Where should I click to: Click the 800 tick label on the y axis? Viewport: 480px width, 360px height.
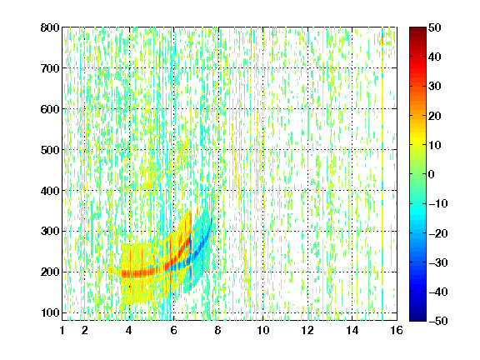[50, 27]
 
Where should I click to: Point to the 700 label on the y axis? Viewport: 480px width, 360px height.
[50, 68]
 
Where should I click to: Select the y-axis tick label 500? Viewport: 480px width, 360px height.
[50, 150]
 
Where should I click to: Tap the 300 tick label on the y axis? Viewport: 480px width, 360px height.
[50, 232]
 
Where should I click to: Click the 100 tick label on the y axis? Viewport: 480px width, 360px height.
[50, 312]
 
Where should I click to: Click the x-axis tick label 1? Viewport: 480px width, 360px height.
[62, 330]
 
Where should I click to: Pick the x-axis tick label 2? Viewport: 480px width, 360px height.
[85, 330]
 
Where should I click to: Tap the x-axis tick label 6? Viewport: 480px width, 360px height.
[174, 330]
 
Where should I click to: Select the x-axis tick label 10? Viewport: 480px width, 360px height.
[263, 330]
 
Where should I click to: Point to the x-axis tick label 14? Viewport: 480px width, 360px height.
[352, 330]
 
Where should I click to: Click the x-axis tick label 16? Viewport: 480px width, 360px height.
[397, 330]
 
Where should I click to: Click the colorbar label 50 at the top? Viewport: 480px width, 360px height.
[435, 27]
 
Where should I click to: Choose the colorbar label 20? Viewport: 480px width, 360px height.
[435, 116]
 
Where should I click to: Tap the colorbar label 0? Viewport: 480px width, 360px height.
[432, 174]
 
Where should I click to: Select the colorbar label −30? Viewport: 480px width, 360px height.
[438, 262]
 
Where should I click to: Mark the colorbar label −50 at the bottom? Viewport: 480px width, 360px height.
[438, 321]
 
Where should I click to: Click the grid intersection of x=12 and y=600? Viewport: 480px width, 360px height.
[307, 109]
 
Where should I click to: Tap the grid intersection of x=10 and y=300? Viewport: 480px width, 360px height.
[263, 232]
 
